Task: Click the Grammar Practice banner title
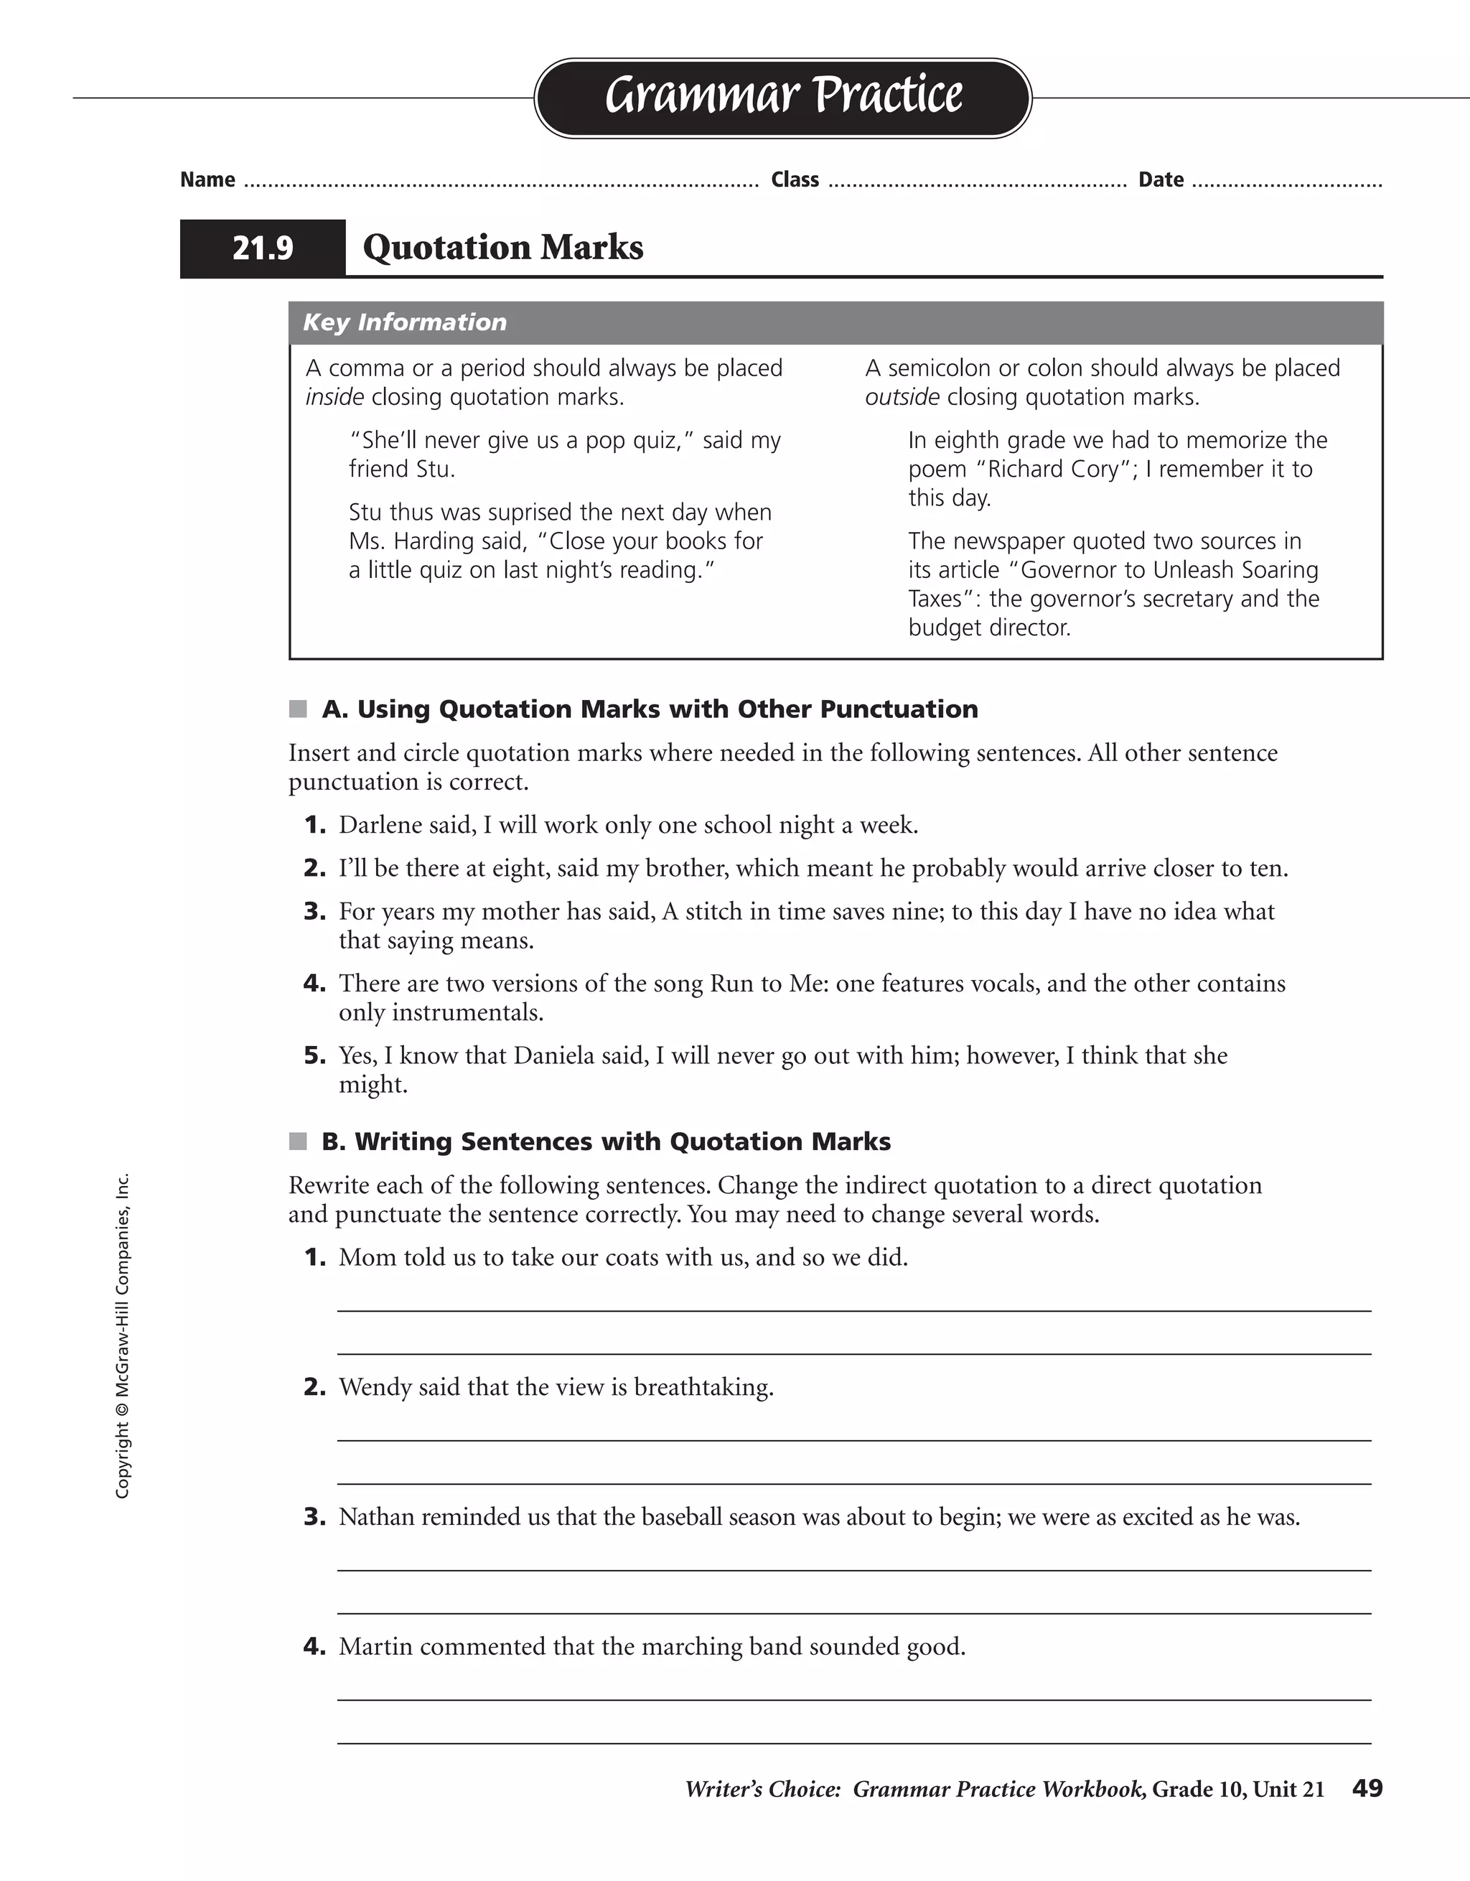783,95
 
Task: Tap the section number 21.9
263,248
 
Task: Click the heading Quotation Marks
503,248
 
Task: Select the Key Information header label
405,322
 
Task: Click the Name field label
207,180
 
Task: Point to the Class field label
795,180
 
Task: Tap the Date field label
1161,180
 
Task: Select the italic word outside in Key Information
902,397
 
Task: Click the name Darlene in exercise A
379,825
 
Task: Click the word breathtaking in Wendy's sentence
703,1388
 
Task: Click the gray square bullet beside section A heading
298,709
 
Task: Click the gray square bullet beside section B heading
298,1142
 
